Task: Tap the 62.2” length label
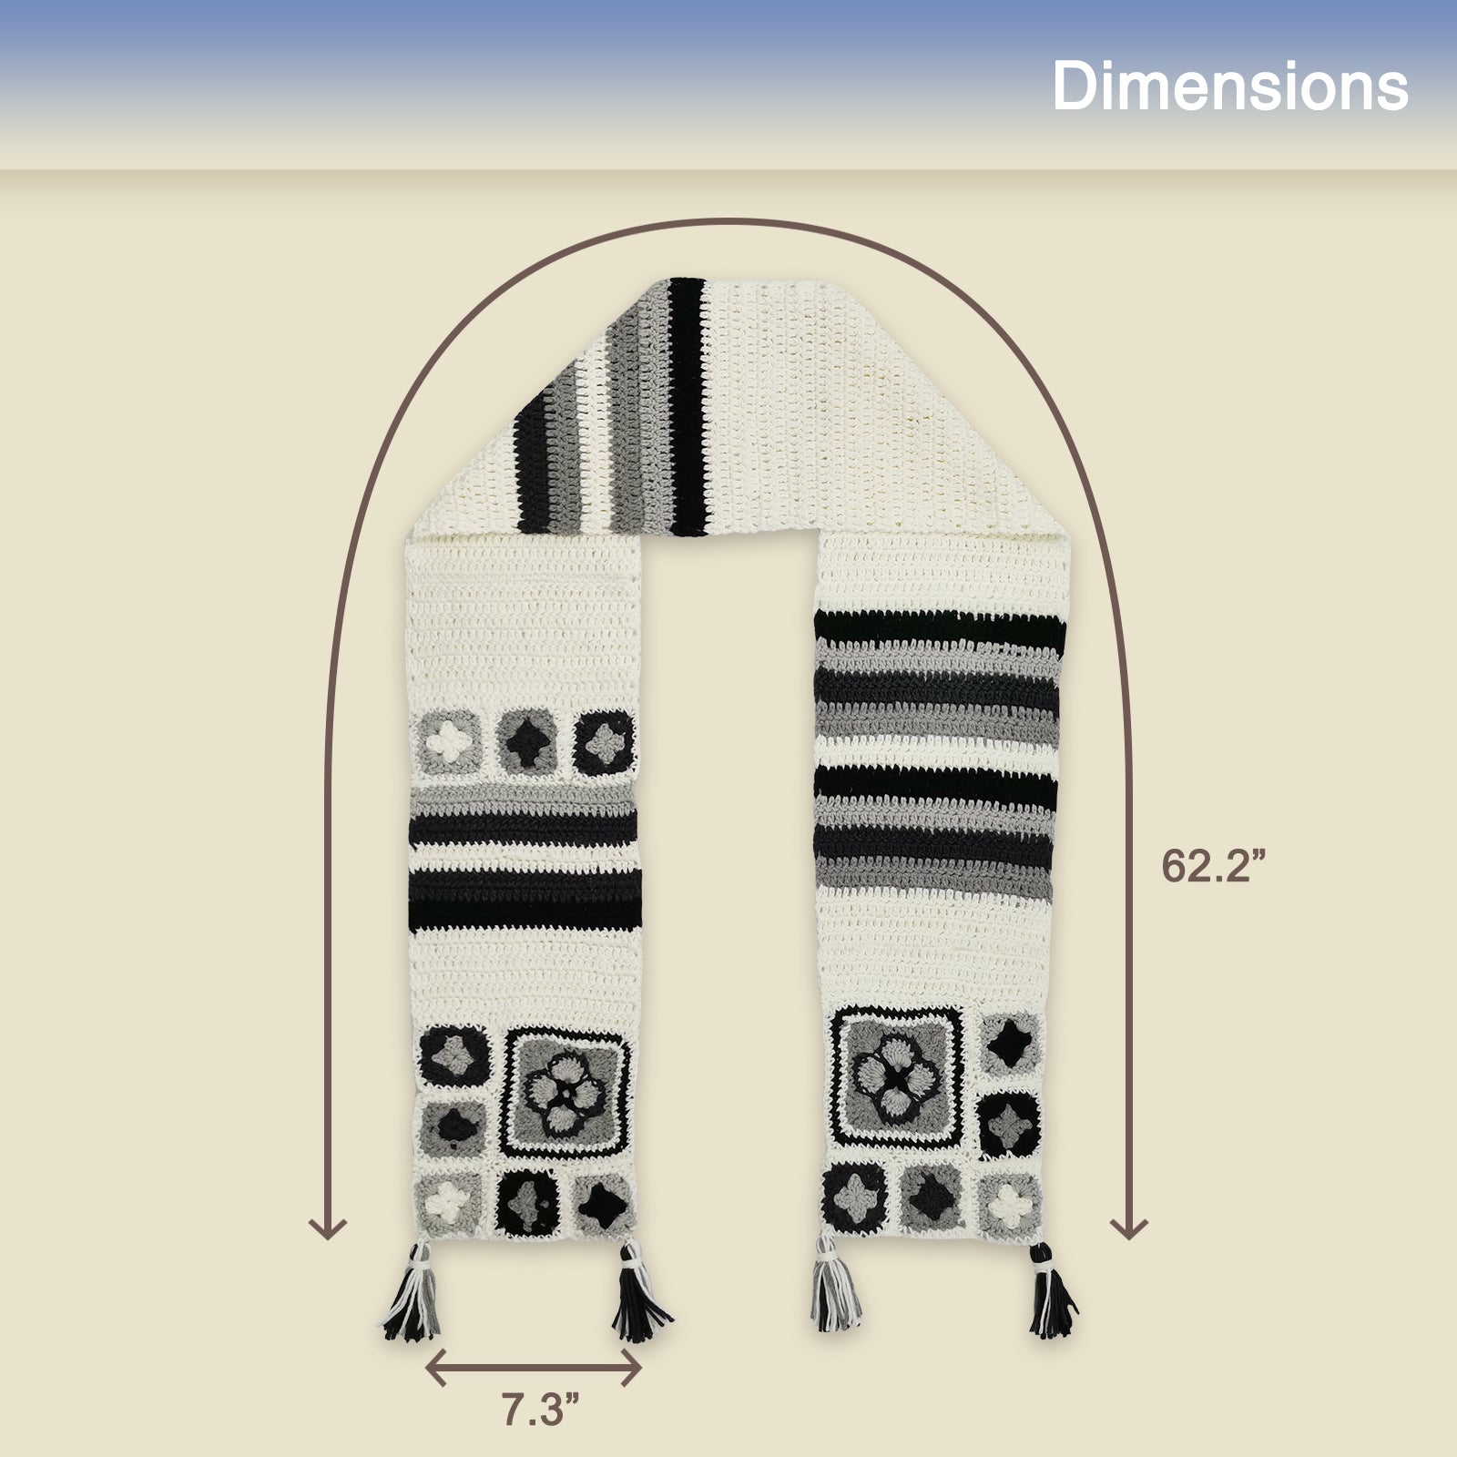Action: [1215, 866]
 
